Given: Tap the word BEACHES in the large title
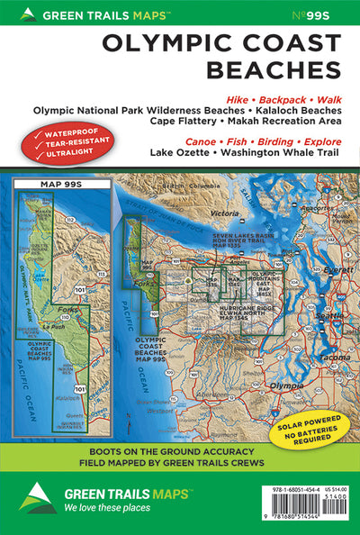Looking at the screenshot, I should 274,68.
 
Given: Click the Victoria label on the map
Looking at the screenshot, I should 217,190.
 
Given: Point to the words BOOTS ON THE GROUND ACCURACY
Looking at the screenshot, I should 180,454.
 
